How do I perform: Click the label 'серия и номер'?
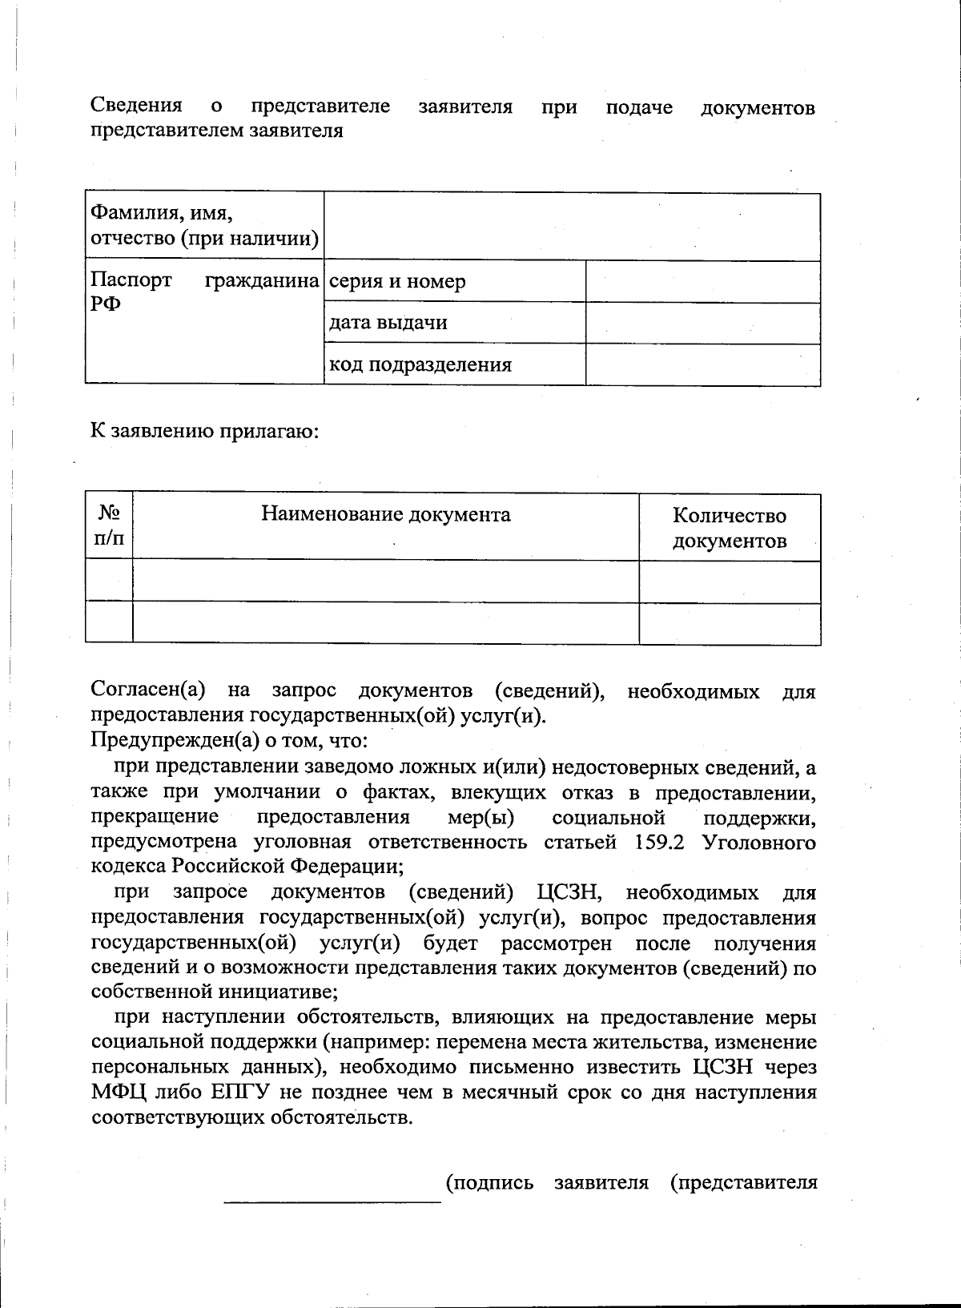click(397, 282)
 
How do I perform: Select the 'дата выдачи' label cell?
click(388, 323)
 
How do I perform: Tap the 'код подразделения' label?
click(420, 365)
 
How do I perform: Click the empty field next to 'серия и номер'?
click(702, 282)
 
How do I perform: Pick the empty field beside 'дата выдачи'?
click(702, 324)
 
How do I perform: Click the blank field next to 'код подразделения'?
click(702, 365)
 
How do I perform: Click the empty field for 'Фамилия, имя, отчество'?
click(571, 227)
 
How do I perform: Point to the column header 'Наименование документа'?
click(385, 514)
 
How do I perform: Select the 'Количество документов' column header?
click(729, 528)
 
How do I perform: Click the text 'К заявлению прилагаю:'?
click(205, 432)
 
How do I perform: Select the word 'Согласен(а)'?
click(148, 690)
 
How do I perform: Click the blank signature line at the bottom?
click(332, 1199)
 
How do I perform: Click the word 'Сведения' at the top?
click(136, 106)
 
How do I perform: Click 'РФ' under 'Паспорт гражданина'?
click(106, 305)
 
